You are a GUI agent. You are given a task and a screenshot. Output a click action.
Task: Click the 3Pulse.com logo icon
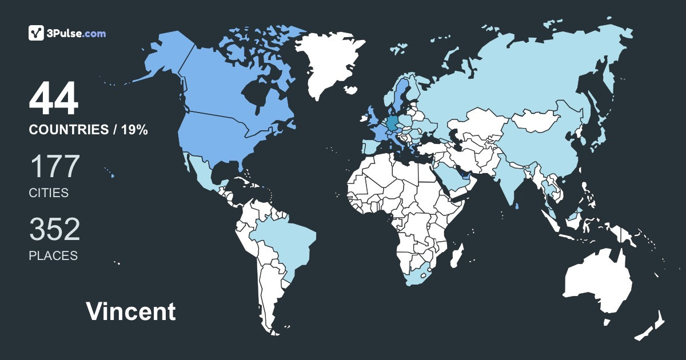pyautogui.click(x=37, y=33)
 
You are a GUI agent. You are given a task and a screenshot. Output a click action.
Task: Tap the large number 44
pyautogui.click(x=54, y=99)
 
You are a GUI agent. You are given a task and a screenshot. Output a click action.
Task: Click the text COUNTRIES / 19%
pyautogui.click(x=89, y=130)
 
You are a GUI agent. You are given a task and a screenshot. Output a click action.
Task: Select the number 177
pyautogui.click(x=54, y=167)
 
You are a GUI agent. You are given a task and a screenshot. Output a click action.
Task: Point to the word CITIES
pyautogui.click(x=49, y=193)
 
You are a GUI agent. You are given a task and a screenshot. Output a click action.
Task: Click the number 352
pyautogui.click(x=55, y=230)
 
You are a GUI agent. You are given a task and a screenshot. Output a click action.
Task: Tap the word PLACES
pyautogui.click(x=53, y=256)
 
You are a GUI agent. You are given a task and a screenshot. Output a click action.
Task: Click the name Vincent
pyautogui.click(x=131, y=312)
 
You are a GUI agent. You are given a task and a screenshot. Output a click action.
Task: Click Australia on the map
pyautogui.click(x=597, y=283)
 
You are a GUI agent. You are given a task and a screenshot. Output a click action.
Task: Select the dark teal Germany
pyautogui.click(x=392, y=123)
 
